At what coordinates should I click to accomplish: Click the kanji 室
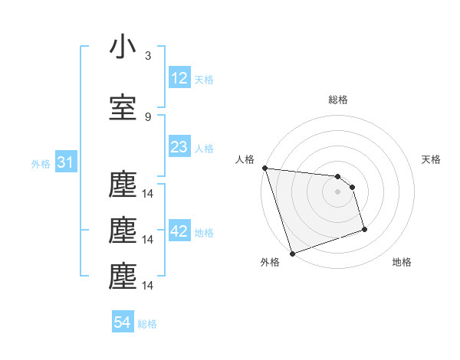(123, 107)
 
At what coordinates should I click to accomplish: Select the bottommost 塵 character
(123, 277)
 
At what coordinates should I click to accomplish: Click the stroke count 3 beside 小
(148, 56)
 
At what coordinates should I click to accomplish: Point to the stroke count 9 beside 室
(148, 116)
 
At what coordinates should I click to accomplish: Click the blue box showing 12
(179, 78)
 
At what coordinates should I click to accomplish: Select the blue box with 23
(179, 147)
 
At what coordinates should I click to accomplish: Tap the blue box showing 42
(179, 232)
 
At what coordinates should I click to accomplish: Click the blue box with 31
(66, 162)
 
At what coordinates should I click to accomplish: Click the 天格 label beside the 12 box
(204, 80)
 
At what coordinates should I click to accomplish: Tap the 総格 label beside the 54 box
(147, 325)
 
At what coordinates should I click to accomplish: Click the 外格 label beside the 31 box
(41, 163)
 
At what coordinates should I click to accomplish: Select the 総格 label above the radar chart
(338, 100)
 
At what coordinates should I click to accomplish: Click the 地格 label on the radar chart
(402, 262)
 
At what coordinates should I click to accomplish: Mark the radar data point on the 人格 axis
(264, 168)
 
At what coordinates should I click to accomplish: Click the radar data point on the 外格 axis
(291, 253)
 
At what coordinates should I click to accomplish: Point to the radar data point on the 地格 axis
(364, 229)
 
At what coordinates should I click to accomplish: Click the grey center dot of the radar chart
(338, 191)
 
